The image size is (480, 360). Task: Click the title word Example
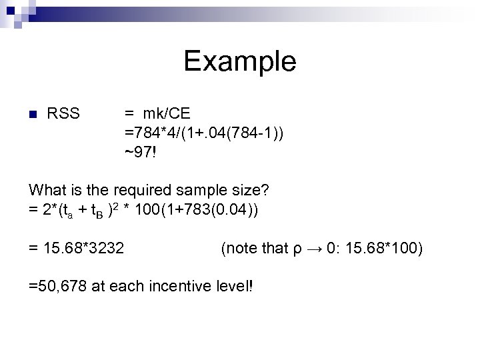click(240, 61)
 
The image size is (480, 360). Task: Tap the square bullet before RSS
click(32, 114)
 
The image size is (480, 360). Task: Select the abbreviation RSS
click(64, 114)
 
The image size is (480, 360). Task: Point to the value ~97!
click(141, 154)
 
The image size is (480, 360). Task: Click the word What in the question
click(46, 191)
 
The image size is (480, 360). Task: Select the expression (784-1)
click(257, 134)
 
